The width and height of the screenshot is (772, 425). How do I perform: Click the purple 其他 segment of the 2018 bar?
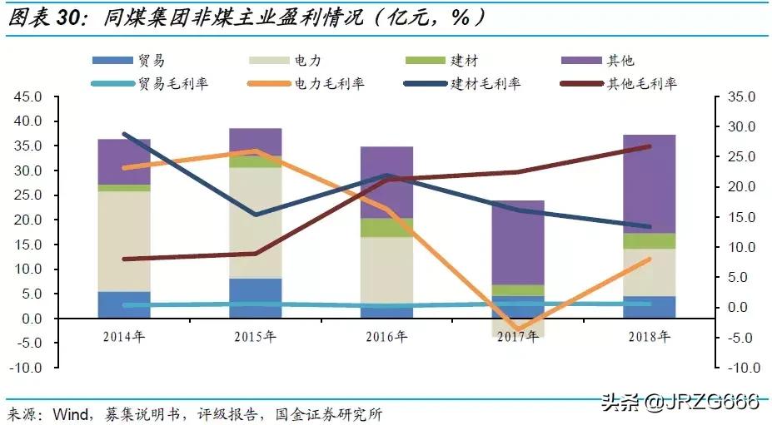(x=649, y=183)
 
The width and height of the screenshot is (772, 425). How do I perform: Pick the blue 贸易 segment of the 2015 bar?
(x=256, y=298)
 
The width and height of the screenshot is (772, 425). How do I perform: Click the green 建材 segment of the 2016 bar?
(x=386, y=227)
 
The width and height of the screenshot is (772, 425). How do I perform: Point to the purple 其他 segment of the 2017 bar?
(x=517, y=241)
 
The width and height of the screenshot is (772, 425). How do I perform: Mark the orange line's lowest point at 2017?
(x=517, y=329)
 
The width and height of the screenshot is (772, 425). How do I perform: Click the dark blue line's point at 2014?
(x=124, y=134)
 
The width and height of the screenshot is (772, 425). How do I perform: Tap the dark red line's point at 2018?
(x=649, y=146)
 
